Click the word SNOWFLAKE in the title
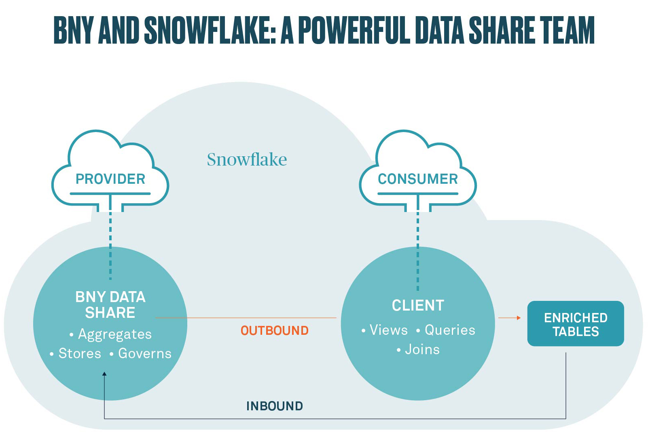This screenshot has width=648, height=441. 210,30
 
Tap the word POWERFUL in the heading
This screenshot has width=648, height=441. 354,30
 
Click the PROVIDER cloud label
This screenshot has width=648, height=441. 110,179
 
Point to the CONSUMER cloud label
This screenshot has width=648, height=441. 418,179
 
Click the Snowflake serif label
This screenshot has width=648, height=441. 247,159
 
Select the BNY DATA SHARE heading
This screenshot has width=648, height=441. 110,304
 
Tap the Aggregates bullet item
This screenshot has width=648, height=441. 111,334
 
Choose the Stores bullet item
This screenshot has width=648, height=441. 76,353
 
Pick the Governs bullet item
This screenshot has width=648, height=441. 141,353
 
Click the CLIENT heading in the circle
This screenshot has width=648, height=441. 418,305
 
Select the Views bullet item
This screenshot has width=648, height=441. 384,330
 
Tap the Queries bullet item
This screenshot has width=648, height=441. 446,330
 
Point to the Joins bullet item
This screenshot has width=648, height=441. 418,349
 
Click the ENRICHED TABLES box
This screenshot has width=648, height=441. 576,323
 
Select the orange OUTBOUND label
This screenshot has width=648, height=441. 275,331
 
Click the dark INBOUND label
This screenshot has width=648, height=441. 275,406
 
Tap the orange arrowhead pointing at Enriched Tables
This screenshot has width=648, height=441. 519,318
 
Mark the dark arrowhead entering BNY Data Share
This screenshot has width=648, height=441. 104,374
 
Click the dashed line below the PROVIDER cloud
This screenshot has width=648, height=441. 110,246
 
